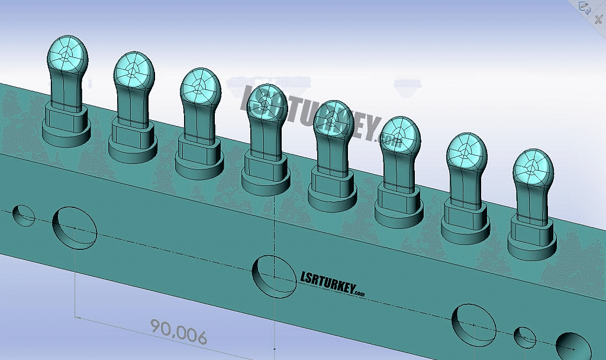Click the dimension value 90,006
tap(179, 332)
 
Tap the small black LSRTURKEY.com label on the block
tap(333, 284)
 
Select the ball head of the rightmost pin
tap(533, 168)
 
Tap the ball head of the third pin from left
tap(200, 87)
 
